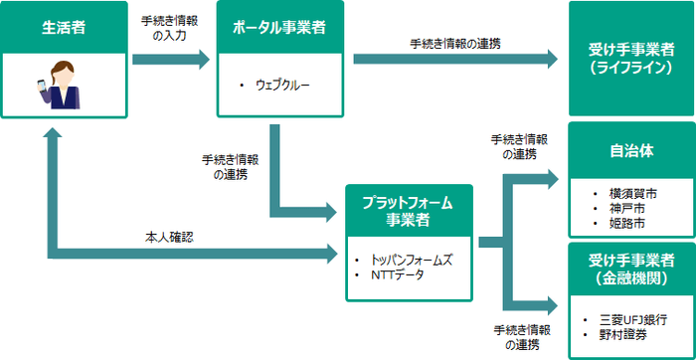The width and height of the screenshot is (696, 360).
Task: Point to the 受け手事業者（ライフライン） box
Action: coord(630,59)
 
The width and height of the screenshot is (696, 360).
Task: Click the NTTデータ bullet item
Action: coord(396,274)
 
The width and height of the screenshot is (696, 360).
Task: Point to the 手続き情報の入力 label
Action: coord(170,27)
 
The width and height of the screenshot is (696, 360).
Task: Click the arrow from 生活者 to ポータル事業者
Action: coord(170,60)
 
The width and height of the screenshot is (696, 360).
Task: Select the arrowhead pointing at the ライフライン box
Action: coord(550,60)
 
